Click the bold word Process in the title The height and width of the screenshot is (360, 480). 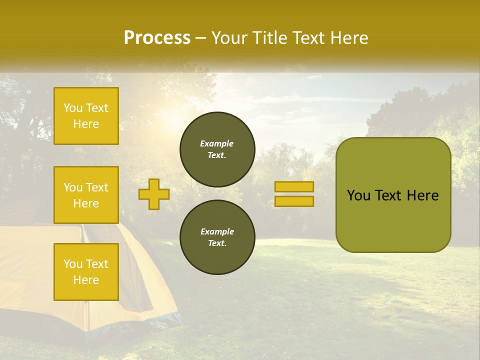pos(157,38)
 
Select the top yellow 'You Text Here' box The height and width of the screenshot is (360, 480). pos(86,116)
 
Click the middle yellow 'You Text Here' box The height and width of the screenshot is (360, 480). pos(86,195)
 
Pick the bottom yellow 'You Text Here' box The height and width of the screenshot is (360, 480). pos(86,271)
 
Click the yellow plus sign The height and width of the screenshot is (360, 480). pos(154,194)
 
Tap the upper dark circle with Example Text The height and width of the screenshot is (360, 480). pos(217,149)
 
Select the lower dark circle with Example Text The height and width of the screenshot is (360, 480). pos(217,237)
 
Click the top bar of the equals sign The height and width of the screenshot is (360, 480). pos(294,187)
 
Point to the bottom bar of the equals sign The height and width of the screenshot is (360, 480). pos(294,201)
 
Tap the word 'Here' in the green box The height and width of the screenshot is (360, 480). pos(422,195)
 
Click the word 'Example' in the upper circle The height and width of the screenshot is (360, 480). pos(217,143)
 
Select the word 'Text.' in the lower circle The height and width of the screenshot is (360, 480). pos(217,243)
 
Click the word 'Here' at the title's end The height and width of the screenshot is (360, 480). pos(349,38)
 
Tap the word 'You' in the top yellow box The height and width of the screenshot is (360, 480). pos(73,108)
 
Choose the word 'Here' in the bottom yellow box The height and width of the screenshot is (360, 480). pos(86,280)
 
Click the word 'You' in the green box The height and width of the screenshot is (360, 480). pos(358,195)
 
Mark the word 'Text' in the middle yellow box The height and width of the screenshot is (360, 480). pos(97,187)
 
